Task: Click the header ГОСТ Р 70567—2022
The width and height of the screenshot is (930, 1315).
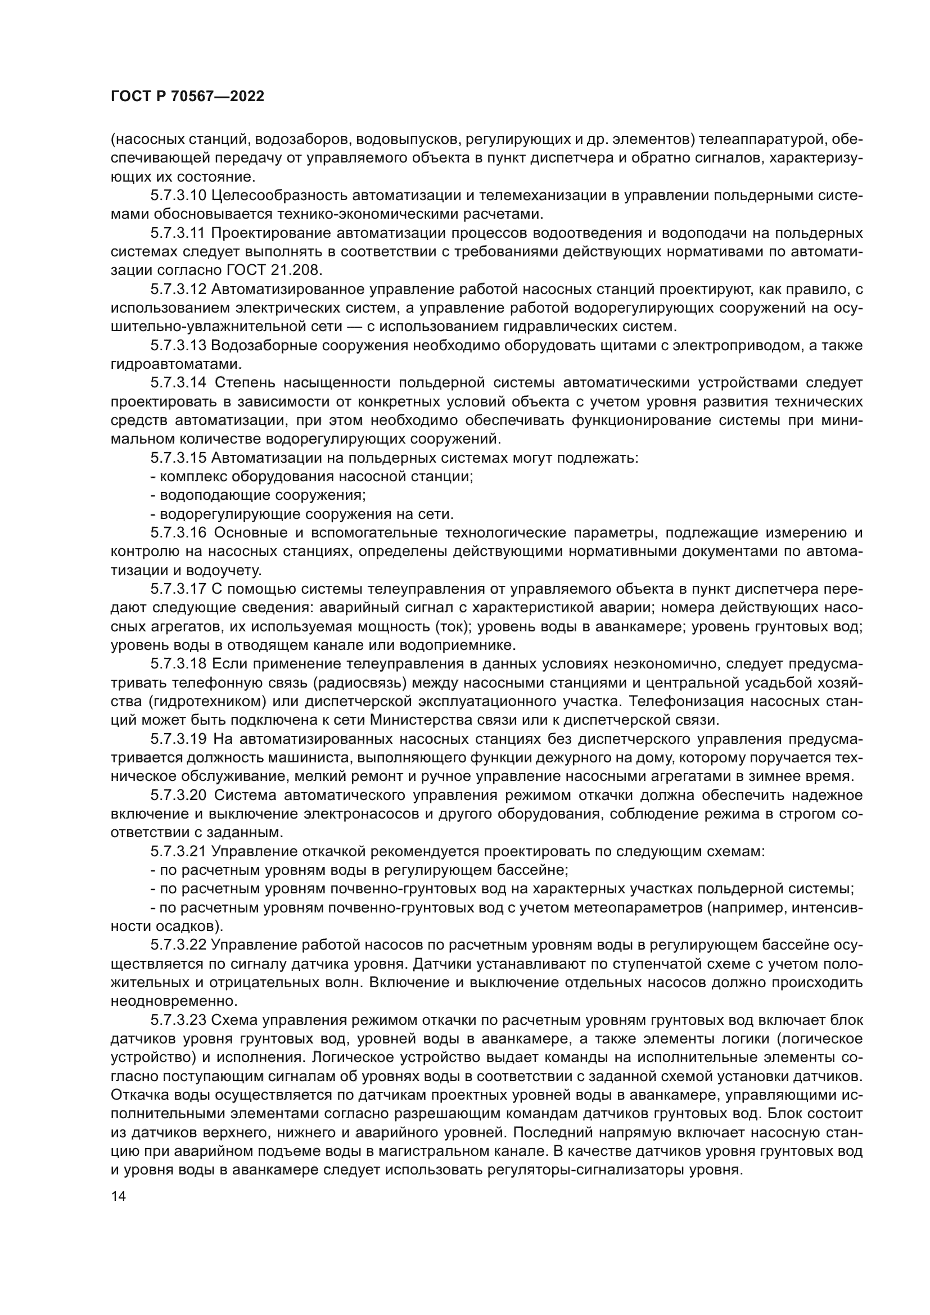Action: pos(187,96)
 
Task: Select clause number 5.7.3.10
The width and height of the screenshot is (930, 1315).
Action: pos(178,195)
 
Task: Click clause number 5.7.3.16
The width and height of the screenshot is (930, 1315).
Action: pos(178,532)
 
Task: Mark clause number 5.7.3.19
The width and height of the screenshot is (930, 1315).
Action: pos(178,739)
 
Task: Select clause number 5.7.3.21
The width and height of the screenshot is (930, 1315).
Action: pos(178,851)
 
